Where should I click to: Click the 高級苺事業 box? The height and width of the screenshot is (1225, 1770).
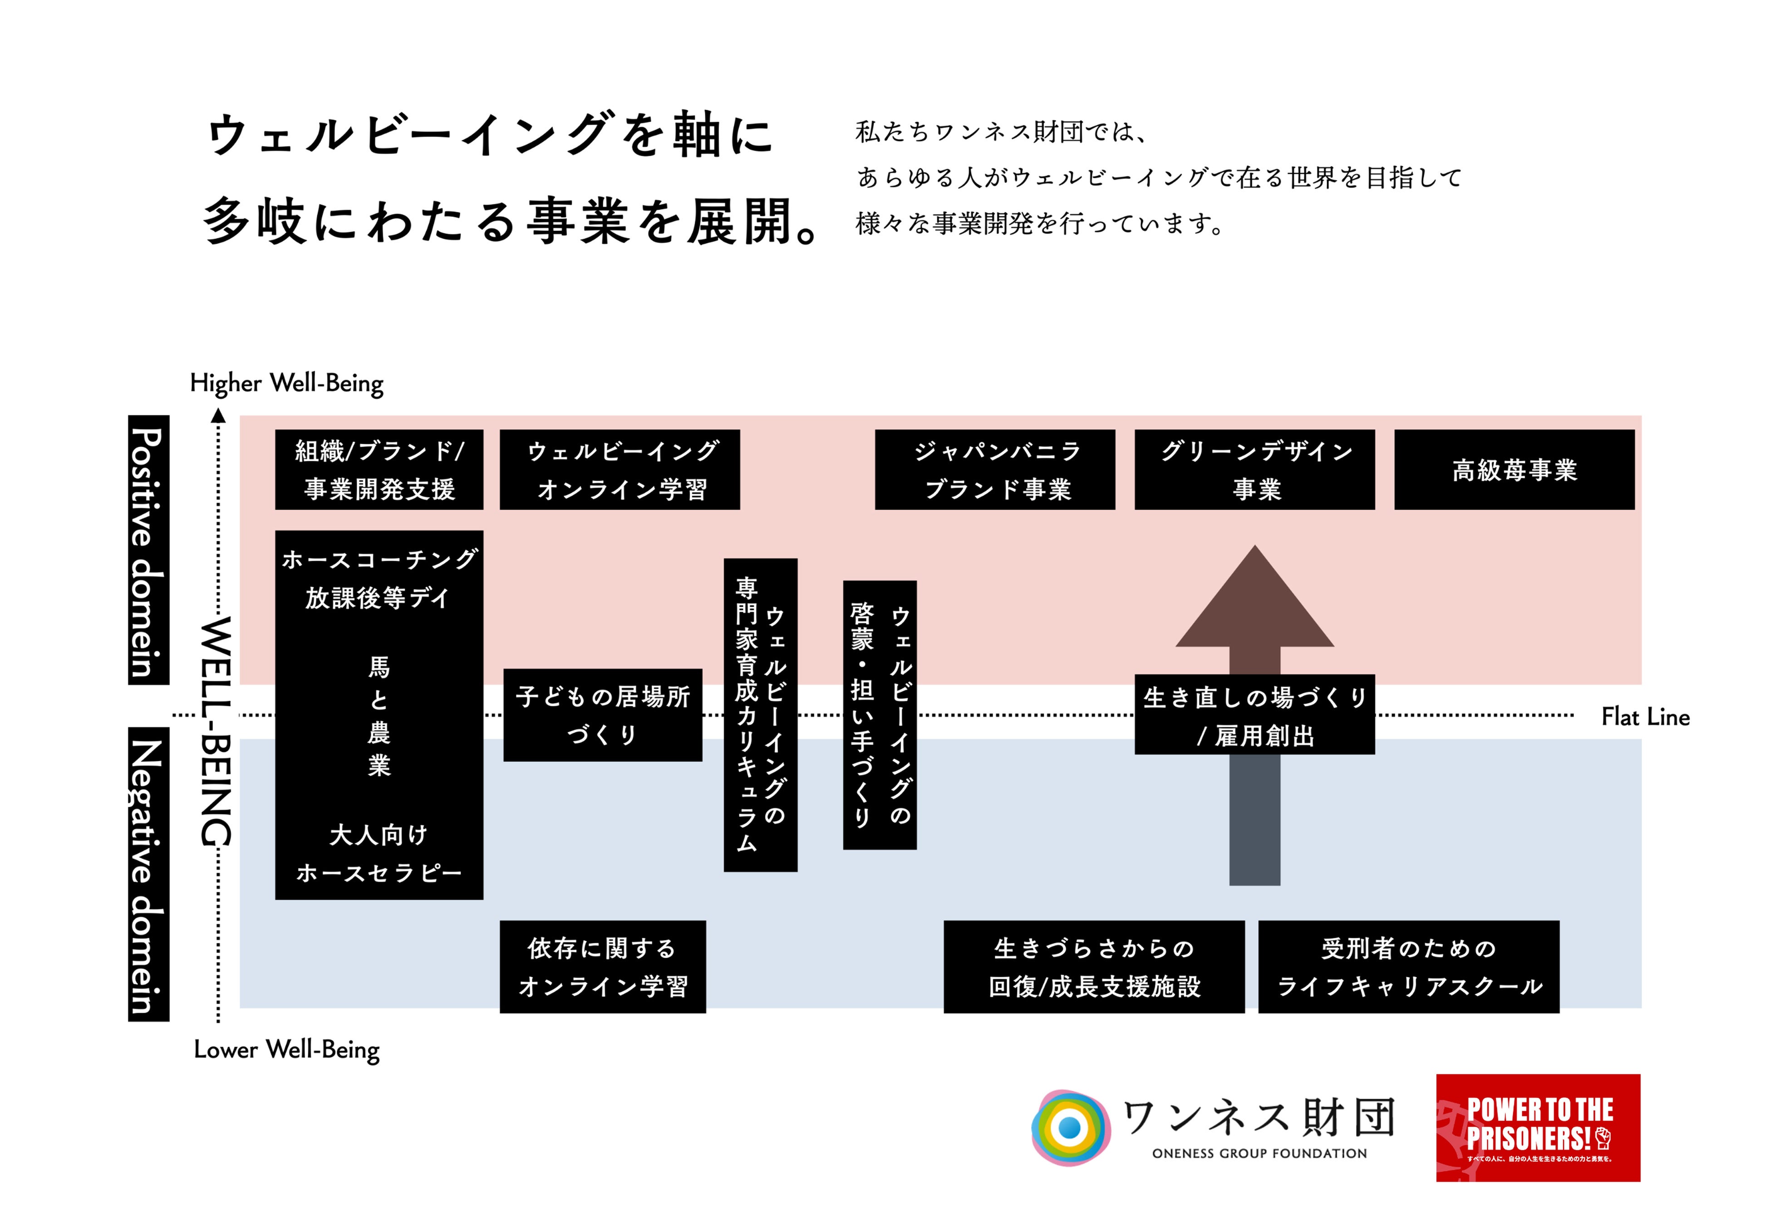click(x=1514, y=470)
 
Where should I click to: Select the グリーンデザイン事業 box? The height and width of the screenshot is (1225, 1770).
click(x=1254, y=470)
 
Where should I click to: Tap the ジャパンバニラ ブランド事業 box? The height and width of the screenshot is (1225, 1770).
click(x=995, y=470)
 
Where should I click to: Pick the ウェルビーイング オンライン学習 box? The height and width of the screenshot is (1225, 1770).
click(x=619, y=470)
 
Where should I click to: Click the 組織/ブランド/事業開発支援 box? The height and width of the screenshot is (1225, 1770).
click(x=379, y=470)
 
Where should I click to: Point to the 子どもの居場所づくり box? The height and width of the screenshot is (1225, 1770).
click(x=603, y=715)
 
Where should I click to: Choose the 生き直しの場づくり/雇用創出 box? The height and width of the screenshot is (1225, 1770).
click(x=1254, y=715)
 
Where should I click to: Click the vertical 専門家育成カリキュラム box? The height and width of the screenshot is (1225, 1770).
click(x=760, y=715)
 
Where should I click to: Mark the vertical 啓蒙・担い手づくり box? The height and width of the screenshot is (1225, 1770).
click(x=880, y=715)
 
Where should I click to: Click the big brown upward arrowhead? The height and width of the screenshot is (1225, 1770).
click(x=1254, y=606)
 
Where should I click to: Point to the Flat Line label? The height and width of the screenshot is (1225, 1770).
click(x=1645, y=717)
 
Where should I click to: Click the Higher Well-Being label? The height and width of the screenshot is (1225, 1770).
click(x=286, y=383)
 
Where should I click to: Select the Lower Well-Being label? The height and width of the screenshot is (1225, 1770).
click(x=286, y=1049)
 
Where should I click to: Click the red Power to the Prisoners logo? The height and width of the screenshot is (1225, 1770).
click(x=1538, y=1127)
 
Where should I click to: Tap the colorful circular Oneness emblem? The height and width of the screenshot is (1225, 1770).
click(x=1070, y=1127)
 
